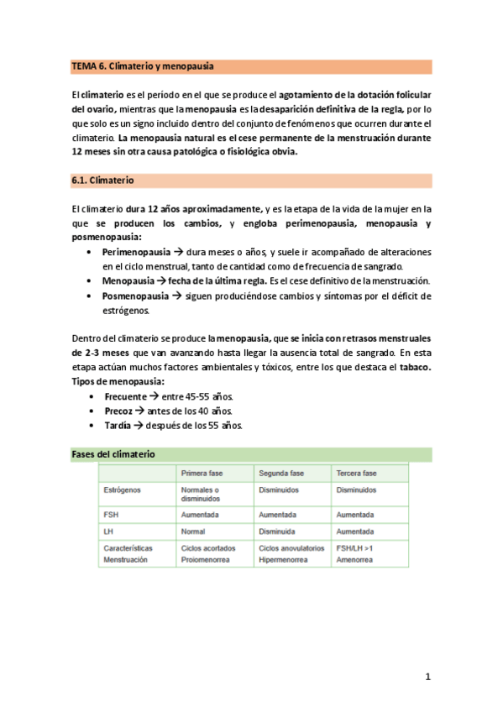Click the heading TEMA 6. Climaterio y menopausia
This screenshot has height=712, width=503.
click(x=142, y=65)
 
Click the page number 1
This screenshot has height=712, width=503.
click(x=427, y=676)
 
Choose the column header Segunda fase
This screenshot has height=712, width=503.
click(x=281, y=474)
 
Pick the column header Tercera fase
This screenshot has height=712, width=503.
click(x=357, y=474)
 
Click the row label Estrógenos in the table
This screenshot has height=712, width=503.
click(x=123, y=489)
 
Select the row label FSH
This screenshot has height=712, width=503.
click(x=110, y=514)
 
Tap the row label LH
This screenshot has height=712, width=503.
click(x=107, y=531)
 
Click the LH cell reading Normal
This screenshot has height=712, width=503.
click(x=194, y=531)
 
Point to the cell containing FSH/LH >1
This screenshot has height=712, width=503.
click(x=357, y=548)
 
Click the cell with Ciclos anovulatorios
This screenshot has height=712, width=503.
click(x=291, y=548)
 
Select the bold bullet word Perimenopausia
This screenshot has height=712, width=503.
click(x=136, y=252)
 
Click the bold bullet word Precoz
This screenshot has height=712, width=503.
click(x=118, y=411)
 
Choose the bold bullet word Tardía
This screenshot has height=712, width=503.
click(x=118, y=426)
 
